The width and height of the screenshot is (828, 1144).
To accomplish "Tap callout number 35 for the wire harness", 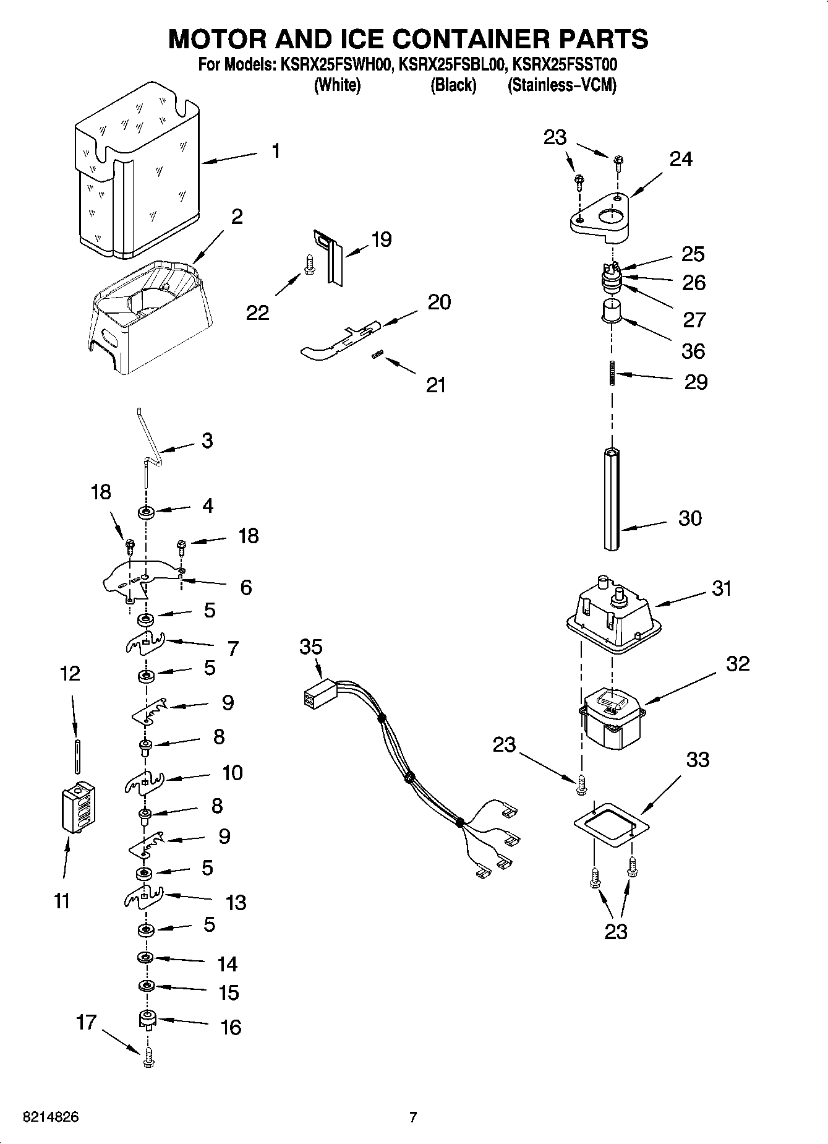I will (x=311, y=647).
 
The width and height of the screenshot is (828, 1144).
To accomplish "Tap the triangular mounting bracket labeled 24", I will (x=600, y=217).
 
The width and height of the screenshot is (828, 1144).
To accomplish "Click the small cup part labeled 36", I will (x=612, y=309).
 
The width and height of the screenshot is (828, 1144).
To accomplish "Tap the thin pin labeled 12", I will (x=76, y=755).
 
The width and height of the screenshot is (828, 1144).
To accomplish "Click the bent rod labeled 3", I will (x=148, y=445).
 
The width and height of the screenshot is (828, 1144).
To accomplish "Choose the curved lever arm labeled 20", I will (x=337, y=340).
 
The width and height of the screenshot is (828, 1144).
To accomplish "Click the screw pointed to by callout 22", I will (x=309, y=264).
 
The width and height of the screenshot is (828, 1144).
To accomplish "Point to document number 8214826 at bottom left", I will (x=51, y=1117).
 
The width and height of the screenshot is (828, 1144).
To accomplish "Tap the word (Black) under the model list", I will (x=453, y=85).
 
